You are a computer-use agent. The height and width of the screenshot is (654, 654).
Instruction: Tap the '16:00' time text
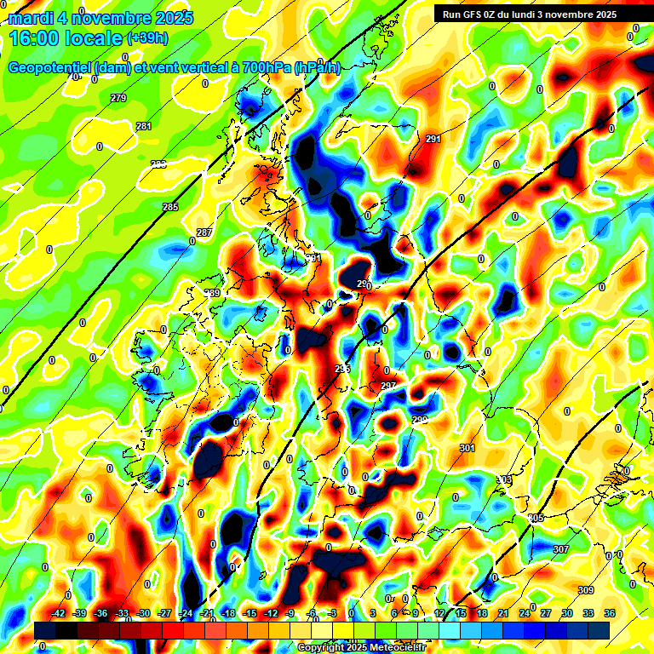pyautogui.click(x=38, y=38)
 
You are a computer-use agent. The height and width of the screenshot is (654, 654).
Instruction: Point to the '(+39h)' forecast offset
pyautogui.click(x=147, y=38)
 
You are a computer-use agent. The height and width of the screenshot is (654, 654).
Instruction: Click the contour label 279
pyautogui.click(x=118, y=99)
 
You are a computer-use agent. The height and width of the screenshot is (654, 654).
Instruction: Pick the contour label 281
pyautogui.click(x=144, y=126)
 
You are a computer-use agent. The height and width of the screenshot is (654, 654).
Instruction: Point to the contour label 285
pyautogui.click(x=170, y=207)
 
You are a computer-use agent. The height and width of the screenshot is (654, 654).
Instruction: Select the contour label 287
pyautogui.click(x=204, y=232)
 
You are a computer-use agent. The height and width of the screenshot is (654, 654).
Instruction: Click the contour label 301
pyautogui.click(x=467, y=448)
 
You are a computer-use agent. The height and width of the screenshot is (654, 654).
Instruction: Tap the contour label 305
pyautogui.click(x=536, y=518)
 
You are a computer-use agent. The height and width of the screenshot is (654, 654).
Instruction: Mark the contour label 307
pyautogui.click(x=560, y=549)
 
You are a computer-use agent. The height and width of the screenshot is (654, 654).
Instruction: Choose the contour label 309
pyautogui.click(x=585, y=590)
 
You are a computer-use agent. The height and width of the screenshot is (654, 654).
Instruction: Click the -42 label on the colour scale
pyautogui.click(x=59, y=613)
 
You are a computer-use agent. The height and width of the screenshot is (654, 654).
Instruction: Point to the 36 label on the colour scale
pyautogui.click(x=610, y=613)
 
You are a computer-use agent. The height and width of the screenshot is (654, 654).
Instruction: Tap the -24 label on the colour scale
pyautogui.click(x=186, y=613)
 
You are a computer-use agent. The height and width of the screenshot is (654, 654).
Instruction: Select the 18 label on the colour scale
pyautogui.click(x=482, y=613)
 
